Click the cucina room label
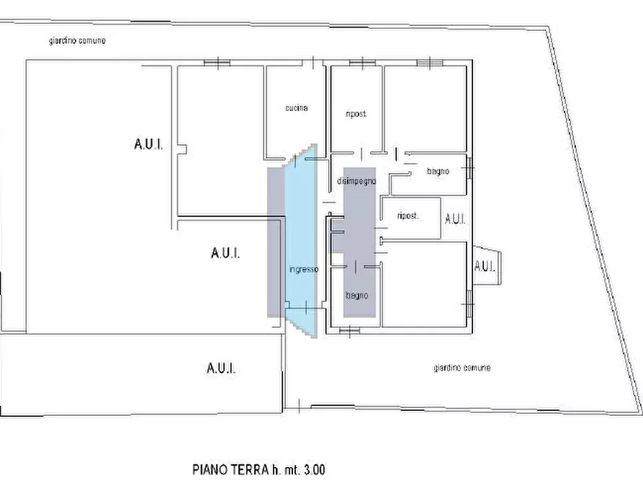tap(296, 108)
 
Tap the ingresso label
tap(304, 270)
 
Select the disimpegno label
tap(356, 182)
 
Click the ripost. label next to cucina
tap(356, 115)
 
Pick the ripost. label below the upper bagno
tap(408, 216)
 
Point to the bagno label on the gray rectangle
tap(357, 296)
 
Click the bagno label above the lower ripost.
tap(438, 172)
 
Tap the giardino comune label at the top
tap(73, 41)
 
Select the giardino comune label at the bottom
tap(462, 368)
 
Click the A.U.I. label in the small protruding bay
tap(485, 266)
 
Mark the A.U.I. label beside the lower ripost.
tap(456, 219)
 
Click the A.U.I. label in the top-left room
tap(148, 145)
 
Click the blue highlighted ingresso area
tap(301, 231)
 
